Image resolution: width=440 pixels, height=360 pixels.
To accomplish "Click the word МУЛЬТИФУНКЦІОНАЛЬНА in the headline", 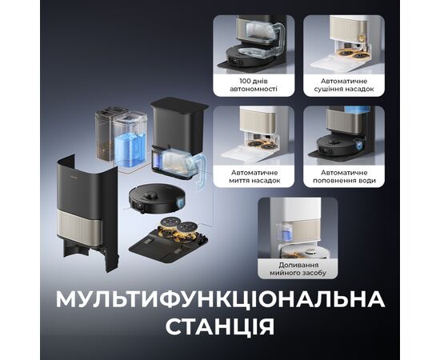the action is [x=220, y=300].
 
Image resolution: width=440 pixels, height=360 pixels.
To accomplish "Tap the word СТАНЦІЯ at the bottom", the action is [x=220, y=326].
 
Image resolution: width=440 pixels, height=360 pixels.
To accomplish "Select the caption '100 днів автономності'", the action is [x=254, y=85].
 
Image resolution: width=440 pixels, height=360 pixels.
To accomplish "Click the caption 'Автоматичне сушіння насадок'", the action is [x=344, y=85].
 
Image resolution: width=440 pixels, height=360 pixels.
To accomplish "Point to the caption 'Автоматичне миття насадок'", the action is [x=254, y=177].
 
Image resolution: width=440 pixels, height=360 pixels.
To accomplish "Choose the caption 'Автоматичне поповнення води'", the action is [x=344, y=177].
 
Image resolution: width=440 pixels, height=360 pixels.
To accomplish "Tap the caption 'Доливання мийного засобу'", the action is [x=298, y=269].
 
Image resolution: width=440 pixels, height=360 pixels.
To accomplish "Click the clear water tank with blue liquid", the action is [x=130, y=140].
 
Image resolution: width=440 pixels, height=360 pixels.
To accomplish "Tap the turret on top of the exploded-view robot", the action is [x=150, y=194].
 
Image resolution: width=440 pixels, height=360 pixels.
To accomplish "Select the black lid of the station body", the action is [x=179, y=103].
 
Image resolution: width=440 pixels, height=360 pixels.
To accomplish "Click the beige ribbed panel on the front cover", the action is [x=79, y=227].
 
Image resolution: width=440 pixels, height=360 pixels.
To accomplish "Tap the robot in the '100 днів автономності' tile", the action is [x=247, y=58].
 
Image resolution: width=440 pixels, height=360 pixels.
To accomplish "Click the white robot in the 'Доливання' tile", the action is [x=306, y=253].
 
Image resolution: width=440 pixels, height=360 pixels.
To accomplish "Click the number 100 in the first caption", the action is [x=246, y=81].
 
